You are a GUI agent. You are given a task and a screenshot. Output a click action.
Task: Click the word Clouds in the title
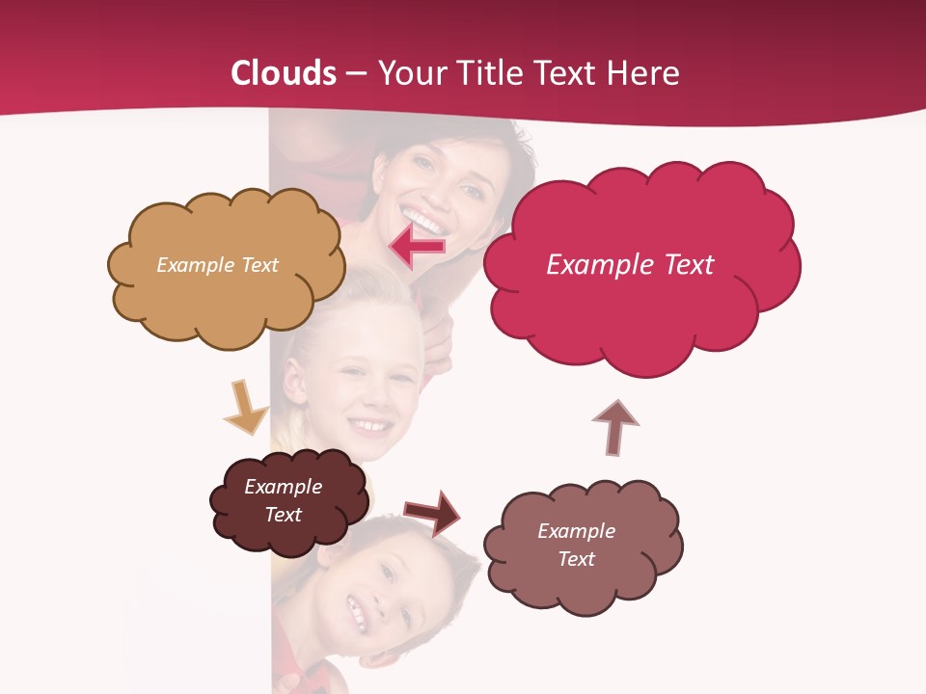pyautogui.click(x=284, y=73)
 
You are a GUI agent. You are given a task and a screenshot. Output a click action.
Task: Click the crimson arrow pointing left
pyautogui.click(x=417, y=248)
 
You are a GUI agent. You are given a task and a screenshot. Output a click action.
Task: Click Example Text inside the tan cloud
pyautogui.click(x=217, y=265)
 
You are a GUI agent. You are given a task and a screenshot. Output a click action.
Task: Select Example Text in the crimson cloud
pyautogui.click(x=630, y=265)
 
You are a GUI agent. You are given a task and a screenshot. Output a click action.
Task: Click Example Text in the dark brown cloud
pyautogui.click(x=284, y=500)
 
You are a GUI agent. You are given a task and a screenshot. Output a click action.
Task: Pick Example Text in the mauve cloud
pyautogui.click(x=576, y=545)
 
